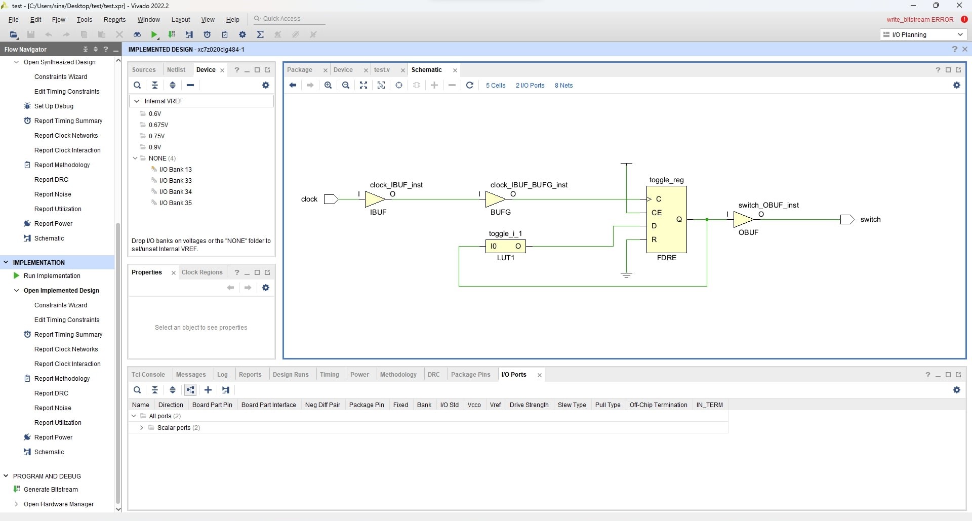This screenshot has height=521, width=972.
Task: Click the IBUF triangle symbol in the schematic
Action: tap(375, 199)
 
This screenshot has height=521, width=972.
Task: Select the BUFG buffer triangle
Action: tap(495, 199)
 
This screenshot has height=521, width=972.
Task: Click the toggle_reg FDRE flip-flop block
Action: tap(666, 219)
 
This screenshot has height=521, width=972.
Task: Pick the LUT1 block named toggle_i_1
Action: tap(505, 246)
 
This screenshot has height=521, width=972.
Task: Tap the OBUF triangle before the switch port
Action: tap(743, 219)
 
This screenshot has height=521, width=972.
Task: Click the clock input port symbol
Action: tap(331, 199)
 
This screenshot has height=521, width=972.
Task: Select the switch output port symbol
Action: tap(847, 219)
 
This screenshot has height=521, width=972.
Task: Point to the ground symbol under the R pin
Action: tap(626, 275)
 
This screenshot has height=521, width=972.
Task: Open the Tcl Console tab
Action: tap(148, 375)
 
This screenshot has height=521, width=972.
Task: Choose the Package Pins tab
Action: tap(471, 375)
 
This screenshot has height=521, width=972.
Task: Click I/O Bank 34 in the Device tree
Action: tap(176, 192)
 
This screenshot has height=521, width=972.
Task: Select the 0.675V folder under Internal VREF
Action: tap(158, 125)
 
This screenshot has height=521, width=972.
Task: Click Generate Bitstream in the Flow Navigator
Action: tap(51, 490)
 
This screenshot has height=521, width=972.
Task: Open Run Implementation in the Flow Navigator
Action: tap(52, 276)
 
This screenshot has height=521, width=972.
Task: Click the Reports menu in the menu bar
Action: tap(114, 20)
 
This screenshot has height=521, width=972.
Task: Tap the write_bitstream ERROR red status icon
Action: tap(964, 20)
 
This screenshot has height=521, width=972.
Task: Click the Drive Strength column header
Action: tap(529, 405)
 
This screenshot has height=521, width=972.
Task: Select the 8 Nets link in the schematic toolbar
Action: tap(563, 86)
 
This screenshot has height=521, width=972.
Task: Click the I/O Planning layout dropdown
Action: tap(923, 34)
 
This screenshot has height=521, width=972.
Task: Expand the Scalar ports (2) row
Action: tap(142, 428)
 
